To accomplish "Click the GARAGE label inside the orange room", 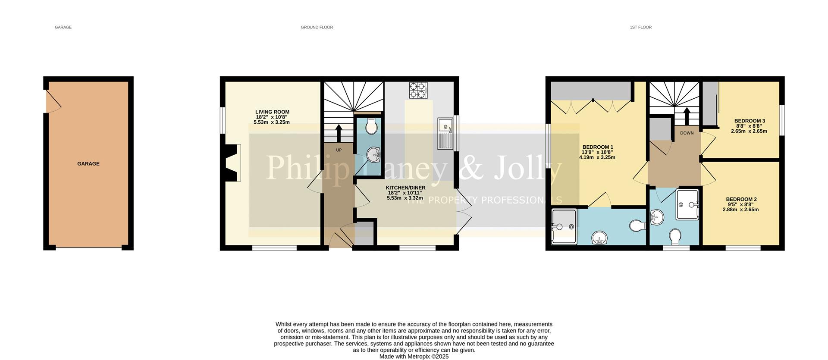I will [88, 164].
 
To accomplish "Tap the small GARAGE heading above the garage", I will [63, 27].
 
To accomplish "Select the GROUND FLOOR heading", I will [317, 27].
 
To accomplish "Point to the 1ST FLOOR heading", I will [640, 27].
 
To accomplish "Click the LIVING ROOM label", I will [272, 112].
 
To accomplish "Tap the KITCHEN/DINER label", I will [405, 188].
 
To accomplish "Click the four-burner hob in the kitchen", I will [418, 91].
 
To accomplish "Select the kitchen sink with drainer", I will [445, 134].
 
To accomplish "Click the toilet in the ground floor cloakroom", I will [371, 127].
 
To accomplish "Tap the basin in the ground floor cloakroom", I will [373, 154].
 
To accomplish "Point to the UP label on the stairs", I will [339, 150].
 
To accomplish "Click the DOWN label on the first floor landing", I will [687, 133].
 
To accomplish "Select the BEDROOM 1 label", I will [597, 147].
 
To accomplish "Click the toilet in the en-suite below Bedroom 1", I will [637, 225].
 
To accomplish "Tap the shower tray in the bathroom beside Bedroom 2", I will [687, 204].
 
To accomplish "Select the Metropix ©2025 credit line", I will [414, 357].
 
